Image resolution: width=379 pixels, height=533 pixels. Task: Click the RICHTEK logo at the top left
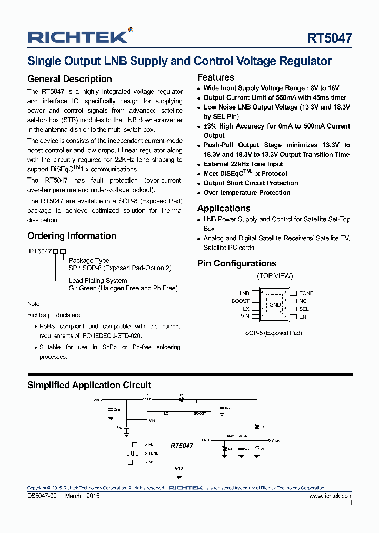pyautogui.click(x=77, y=37)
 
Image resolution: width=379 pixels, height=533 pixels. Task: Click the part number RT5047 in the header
pyautogui.click(x=330, y=38)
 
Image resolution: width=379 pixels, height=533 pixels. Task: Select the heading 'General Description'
pyautogui.click(x=69, y=79)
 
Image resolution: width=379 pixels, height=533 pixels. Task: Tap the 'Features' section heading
pyautogui.click(x=215, y=77)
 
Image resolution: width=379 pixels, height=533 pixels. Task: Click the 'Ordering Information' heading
pyautogui.click(x=72, y=236)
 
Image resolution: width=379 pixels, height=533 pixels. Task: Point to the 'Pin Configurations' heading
pyautogui.click(x=236, y=263)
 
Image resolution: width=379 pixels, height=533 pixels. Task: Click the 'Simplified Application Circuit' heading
pyautogui.click(x=89, y=385)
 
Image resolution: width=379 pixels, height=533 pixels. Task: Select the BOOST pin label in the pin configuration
pyautogui.click(x=241, y=301)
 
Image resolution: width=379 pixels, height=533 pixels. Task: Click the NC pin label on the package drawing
pyautogui.click(x=303, y=301)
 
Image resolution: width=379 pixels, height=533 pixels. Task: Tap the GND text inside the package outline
pyautogui.click(x=275, y=305)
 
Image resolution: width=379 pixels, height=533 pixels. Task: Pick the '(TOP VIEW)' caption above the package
pyautogui.click(x=275, y=276)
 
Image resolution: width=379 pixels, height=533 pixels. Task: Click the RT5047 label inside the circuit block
pyautogui.click(x=182, y=446)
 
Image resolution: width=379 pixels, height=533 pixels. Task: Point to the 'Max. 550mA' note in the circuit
pyautogui.click(x=237, y=436)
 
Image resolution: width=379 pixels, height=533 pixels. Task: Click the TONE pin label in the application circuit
pyautogui.click(x=153, y=453)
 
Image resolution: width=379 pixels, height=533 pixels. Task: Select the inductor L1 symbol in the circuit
pyautogui.click(x=148, y=399)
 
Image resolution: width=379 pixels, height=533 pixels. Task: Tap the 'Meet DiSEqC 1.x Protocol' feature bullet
pyautogui.click(x=245, y=174)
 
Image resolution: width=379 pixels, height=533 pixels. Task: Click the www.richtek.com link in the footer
pyautogui.click(x=331, y=496)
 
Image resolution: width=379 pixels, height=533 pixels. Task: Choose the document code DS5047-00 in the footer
pyautogui.click(x=42, y=496)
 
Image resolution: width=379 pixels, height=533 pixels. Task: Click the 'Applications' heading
pyautogui.click(x=224, y=208)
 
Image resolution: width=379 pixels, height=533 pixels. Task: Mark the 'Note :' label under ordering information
pyautogui.click(x=35, y=304)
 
